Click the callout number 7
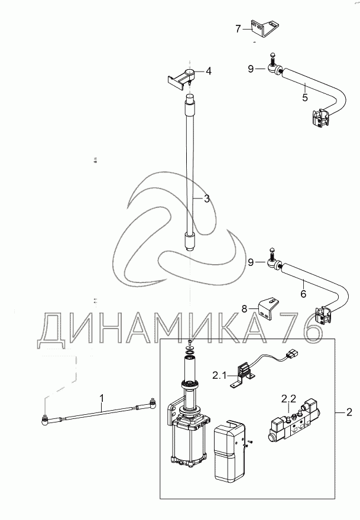[238, 28]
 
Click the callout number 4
[208, 71]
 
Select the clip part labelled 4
[184, 77]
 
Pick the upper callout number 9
[251, 69]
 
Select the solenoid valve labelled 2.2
[293, 424]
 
